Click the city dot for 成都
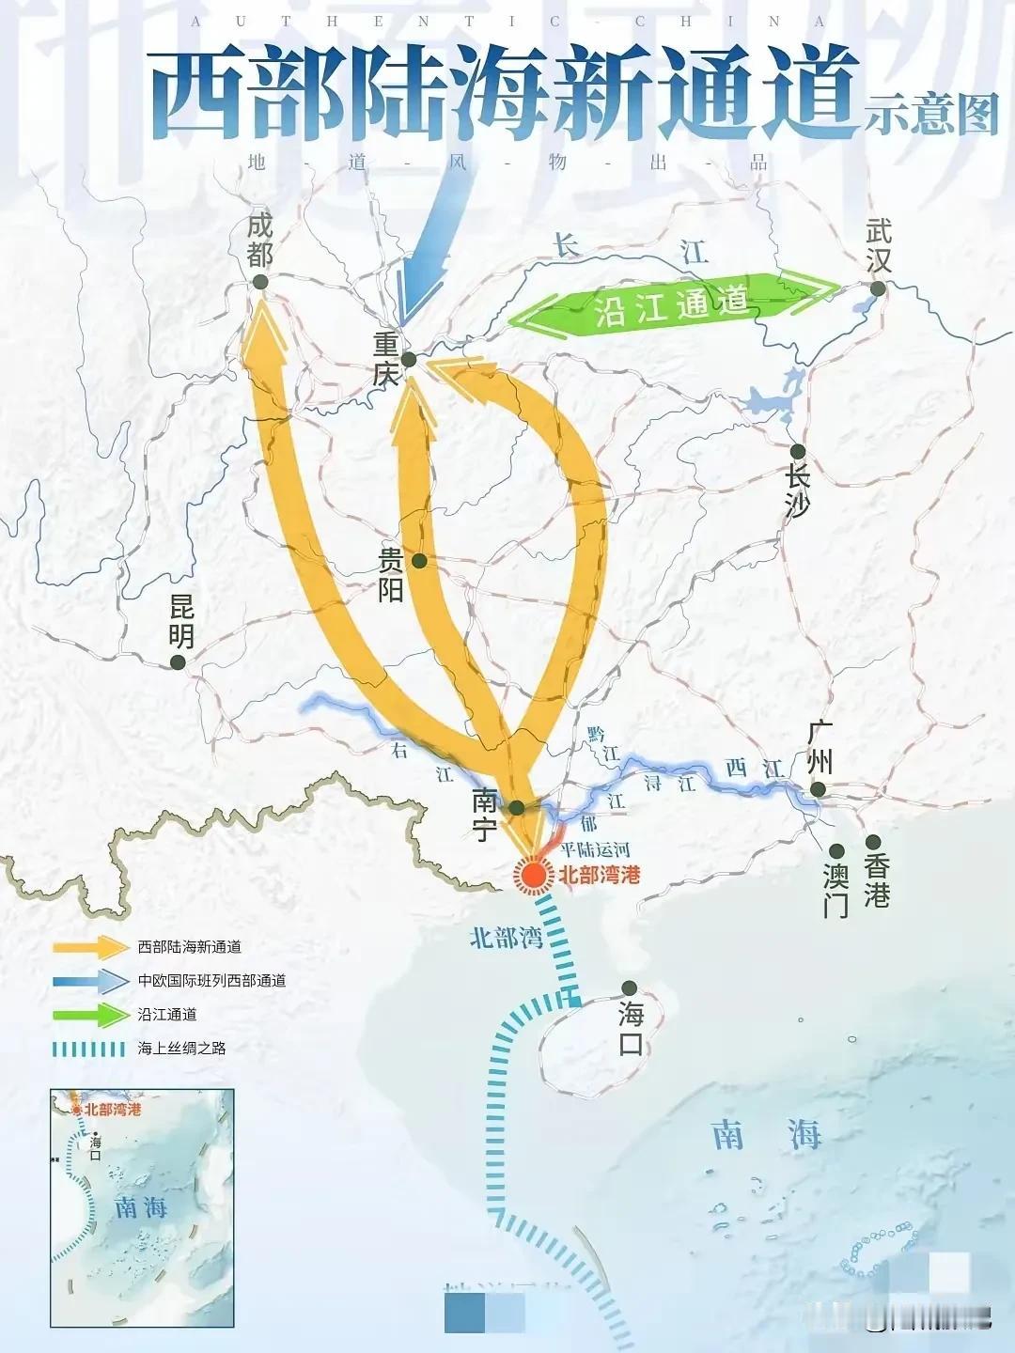260,281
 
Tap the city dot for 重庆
409,359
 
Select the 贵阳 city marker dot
419,561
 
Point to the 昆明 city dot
178,662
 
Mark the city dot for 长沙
797,451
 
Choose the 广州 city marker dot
819,789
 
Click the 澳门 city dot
836,851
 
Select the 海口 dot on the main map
630,988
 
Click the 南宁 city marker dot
516,807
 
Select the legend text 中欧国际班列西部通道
211,981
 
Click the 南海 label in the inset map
141,1207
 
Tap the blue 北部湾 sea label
507,937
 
